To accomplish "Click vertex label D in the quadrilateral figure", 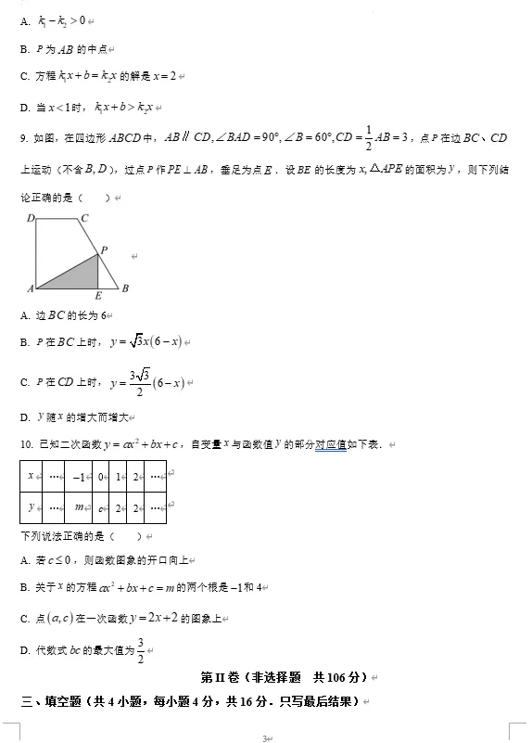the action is [x=31, y=219].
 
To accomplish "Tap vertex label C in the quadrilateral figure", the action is [x=83, y=219].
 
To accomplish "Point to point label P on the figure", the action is [x=104, y=250].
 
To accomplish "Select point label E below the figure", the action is [x=98, y=296].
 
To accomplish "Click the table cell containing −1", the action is [x=79, y=476].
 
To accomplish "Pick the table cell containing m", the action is [x=79, y=507].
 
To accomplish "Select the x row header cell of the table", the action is [x=32, y=476].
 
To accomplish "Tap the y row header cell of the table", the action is [x=32, y=507].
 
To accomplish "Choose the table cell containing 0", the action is [x=101, y=476].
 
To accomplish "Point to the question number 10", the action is [x=26, y=445].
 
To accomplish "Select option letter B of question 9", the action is [x=24, y=343].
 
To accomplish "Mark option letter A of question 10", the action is [x=24, y=561].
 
